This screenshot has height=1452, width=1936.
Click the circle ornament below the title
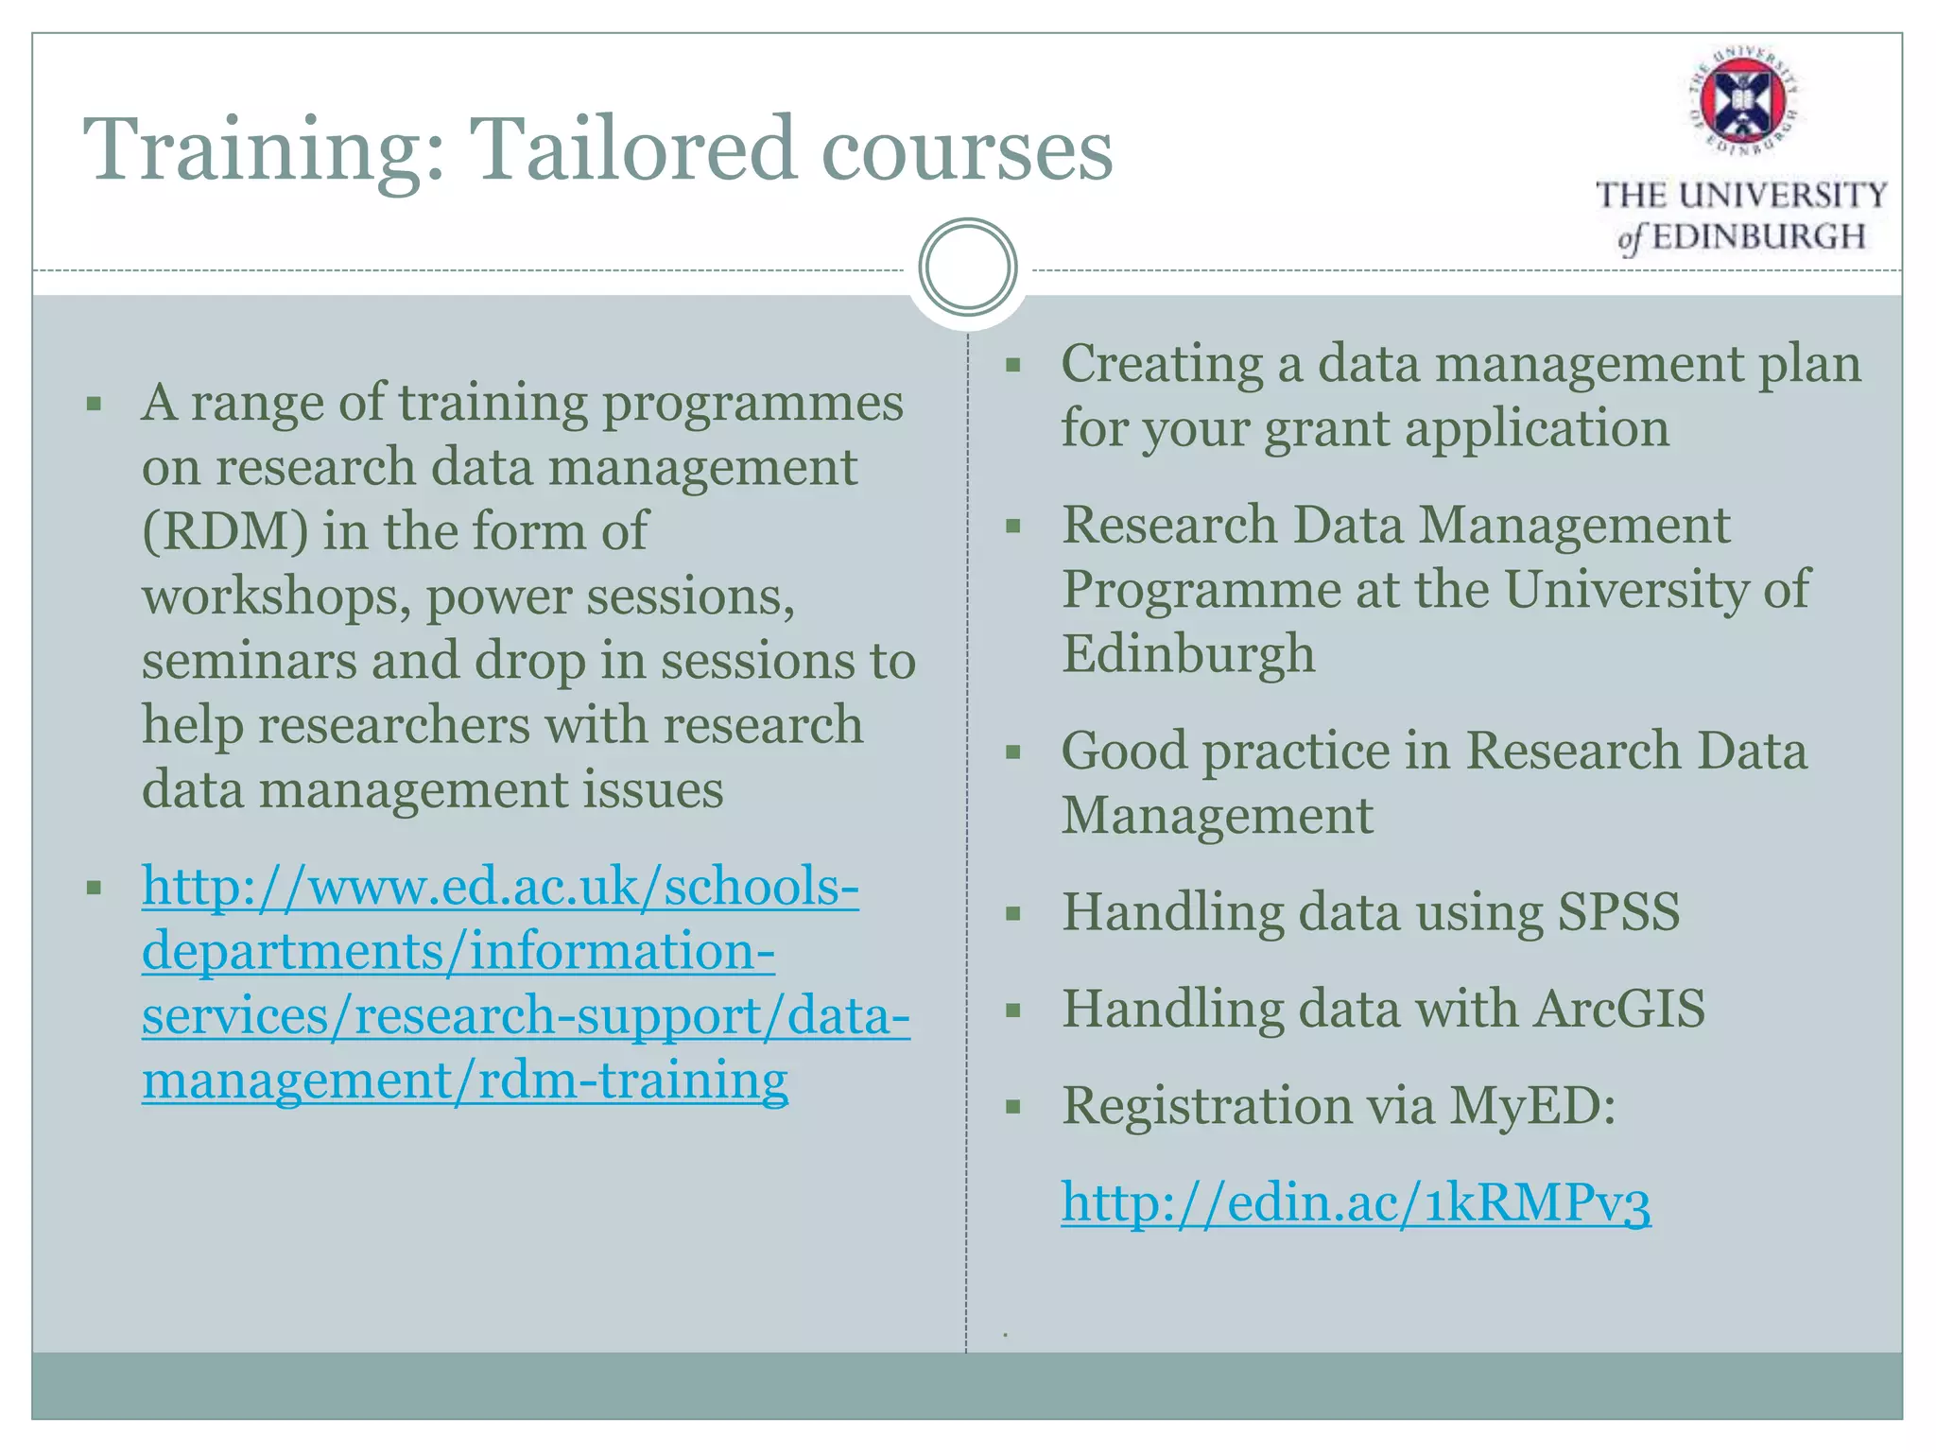[x=967, y=267]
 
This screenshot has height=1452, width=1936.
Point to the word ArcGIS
[x=1619, y=1009]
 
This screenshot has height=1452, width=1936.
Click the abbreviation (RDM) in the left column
[x=225, y=532]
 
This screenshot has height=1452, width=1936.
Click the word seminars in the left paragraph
[x=249, y=661]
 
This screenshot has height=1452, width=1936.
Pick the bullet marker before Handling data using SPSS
[x=1013, y=914]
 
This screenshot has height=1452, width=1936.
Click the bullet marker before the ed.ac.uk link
[x=94, y=888]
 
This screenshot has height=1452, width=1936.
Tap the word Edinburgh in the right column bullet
[x=1187, y=654]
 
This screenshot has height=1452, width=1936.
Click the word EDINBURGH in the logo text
[x=1757, y=236]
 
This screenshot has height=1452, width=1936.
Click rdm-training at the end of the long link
[x=632, y=1080]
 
